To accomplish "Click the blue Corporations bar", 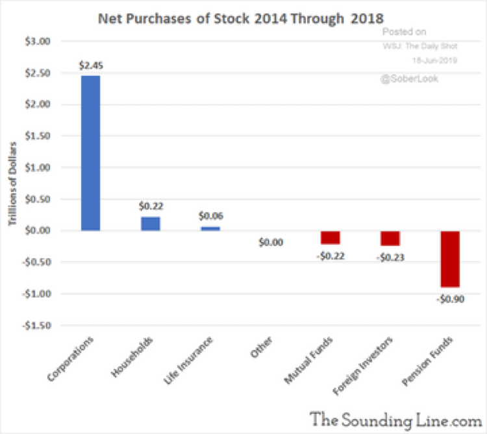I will [x=91, y=153].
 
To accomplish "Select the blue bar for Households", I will [x=151, y=223].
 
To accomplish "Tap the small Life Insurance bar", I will [x=210, y=228].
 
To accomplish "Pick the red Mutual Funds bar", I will [x=330, y=237].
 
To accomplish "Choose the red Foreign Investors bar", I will [x=390, y=238].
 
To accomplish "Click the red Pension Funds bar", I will [x=449, y=259].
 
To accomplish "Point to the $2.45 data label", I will [x=91, y=65].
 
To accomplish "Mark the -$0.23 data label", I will [x=390, y=256].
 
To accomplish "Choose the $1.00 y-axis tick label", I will [x=54, y=167].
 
